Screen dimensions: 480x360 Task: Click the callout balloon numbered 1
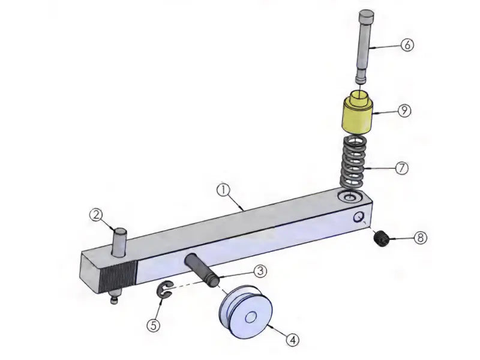pyautogui.click(x=223, y=190)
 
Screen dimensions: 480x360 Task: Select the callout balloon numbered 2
pyautogui.click(x=96, y=215)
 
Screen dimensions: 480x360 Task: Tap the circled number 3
pyautogui.click(x=260, y=271)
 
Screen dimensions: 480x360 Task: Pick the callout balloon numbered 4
pyautogui.click(x=293, y=340)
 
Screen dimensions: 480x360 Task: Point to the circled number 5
pyautogui.click(x=154, y=325)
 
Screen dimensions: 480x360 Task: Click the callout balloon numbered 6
pyautogui.click(x=407, y=45)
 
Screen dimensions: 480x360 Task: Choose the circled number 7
pyautogui.click(x=401, y=168)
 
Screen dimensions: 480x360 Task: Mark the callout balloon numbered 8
pyautogui.click(x=421, y=238)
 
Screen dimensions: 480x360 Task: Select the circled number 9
pyautogui.click(x=404, y=110)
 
